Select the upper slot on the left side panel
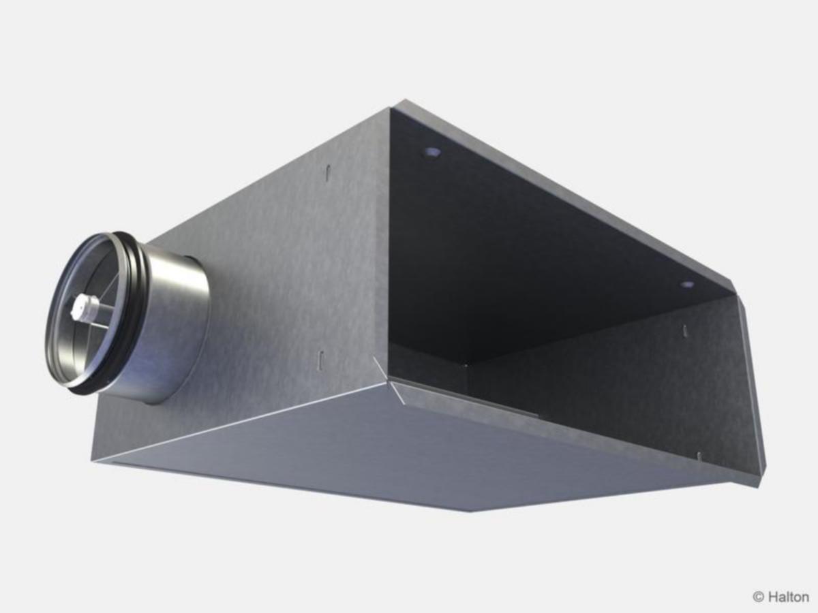coord(328,174)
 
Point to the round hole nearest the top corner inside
coord(431,152)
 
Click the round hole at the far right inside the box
coord(687,285)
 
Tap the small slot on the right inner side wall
coord(685,330)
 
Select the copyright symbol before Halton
coord(758,597)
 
